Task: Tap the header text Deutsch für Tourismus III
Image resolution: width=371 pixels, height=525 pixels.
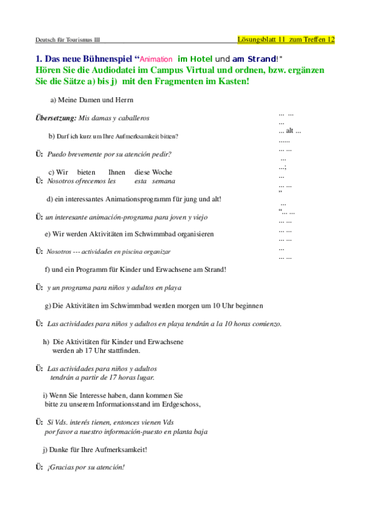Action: [67, 40]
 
